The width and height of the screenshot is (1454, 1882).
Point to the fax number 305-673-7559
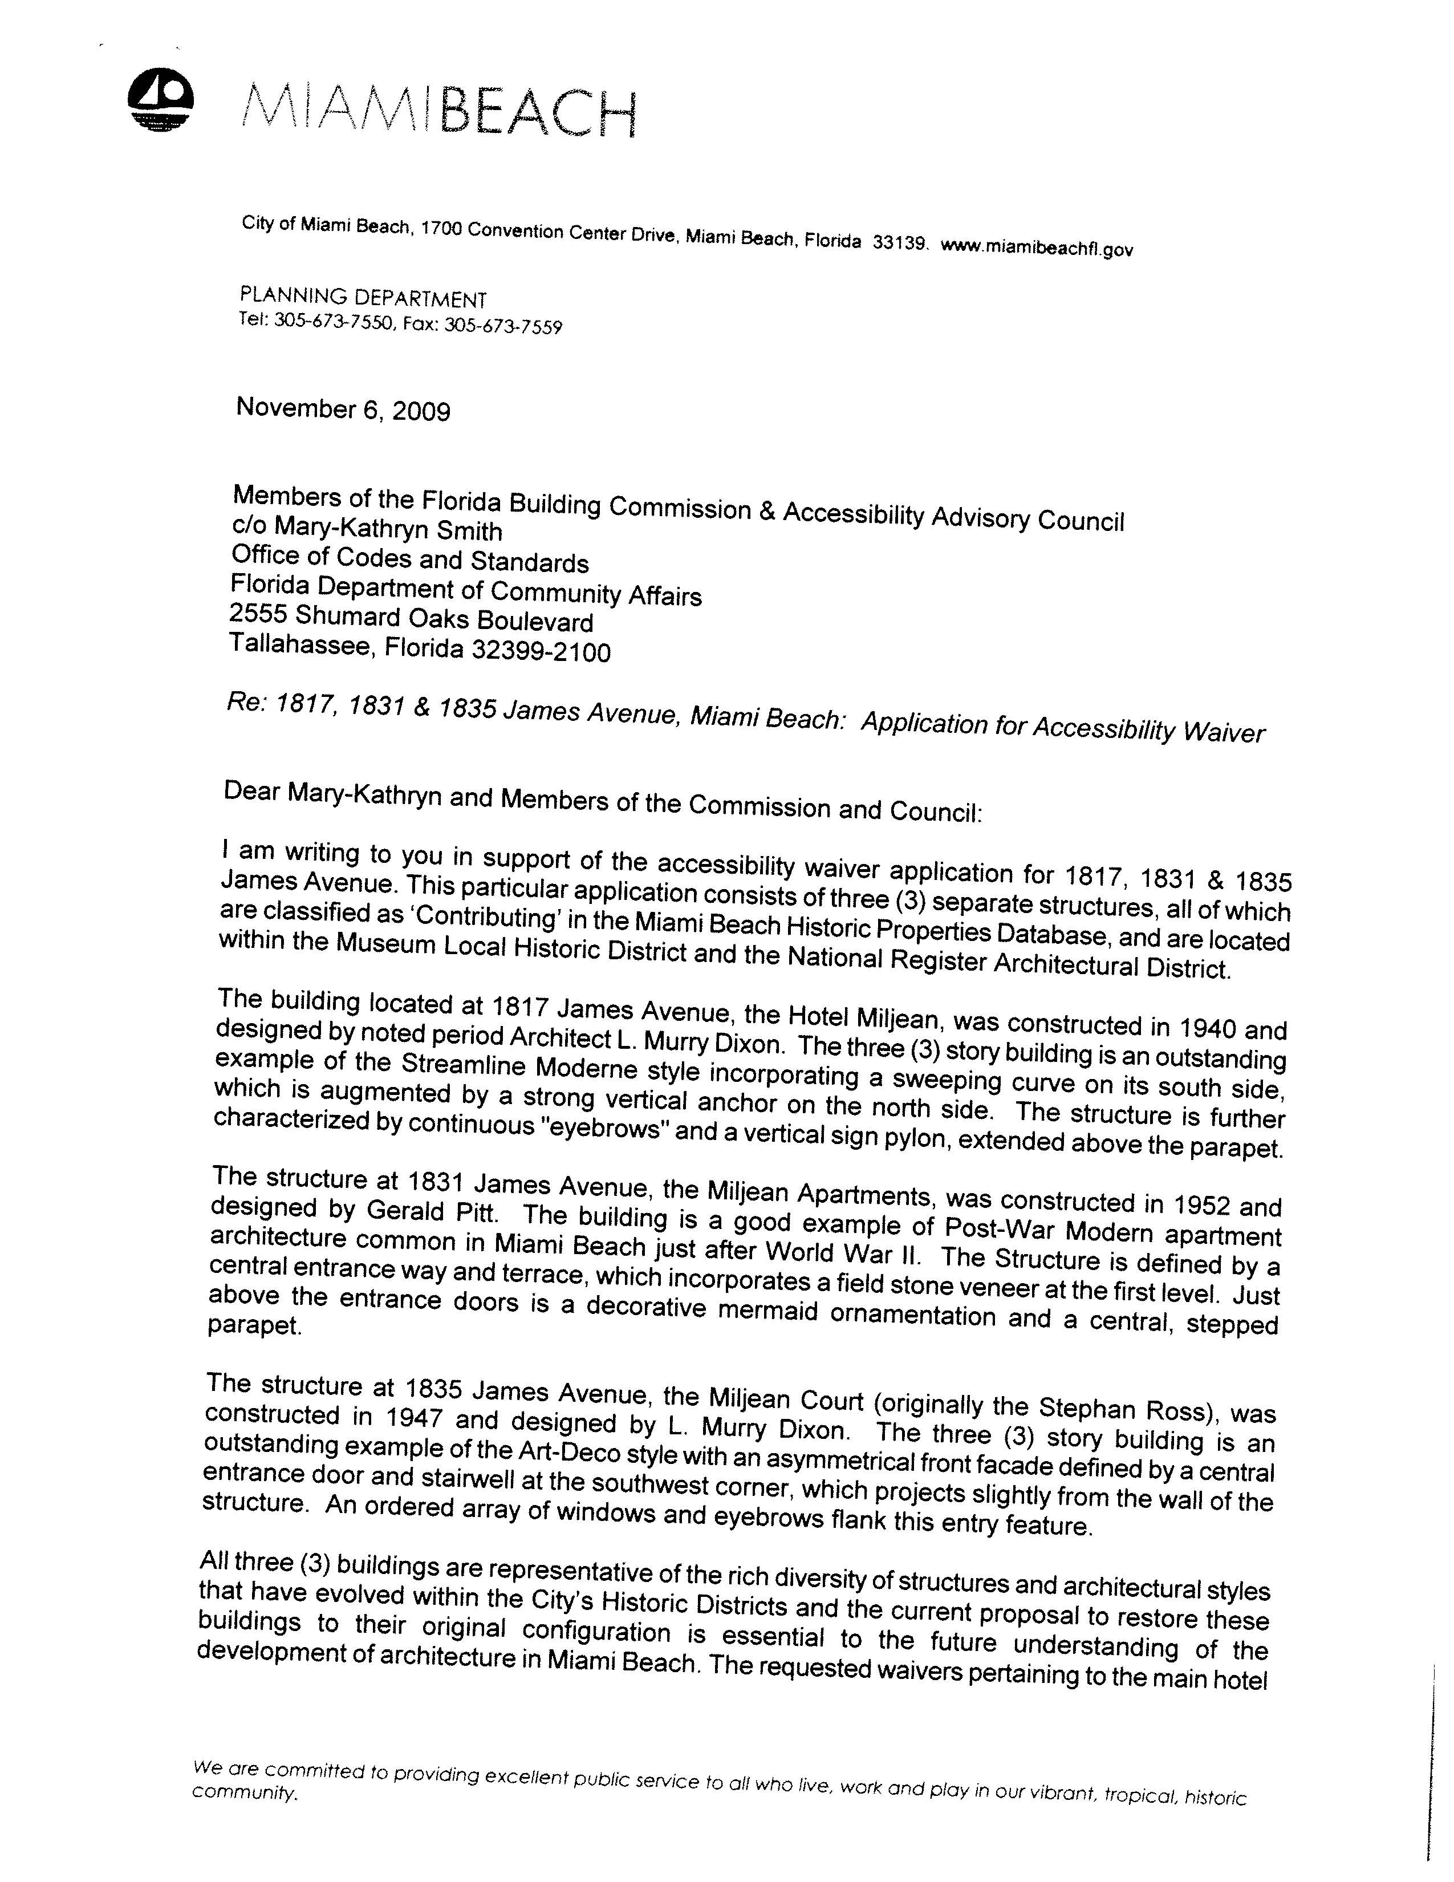(x=502, y=327)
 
